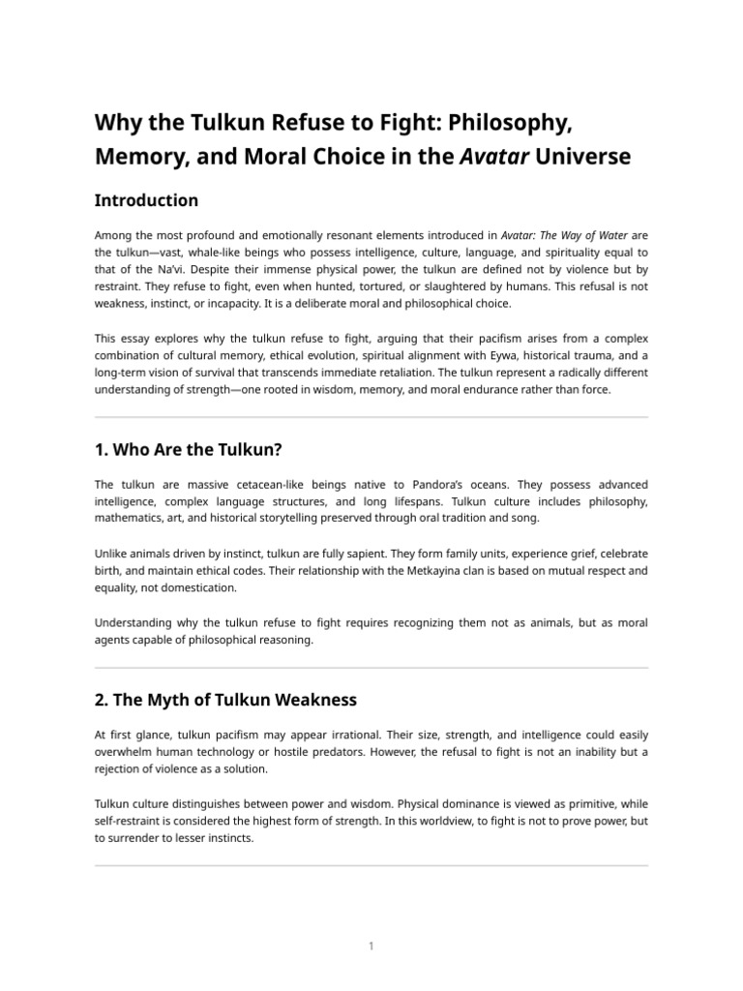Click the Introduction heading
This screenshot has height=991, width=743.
pos(146,200)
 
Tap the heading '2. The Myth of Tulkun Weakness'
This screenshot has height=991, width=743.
pos(225,699)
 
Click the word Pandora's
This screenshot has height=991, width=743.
pos(440,484)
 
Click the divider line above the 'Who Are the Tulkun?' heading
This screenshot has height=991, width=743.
pos(371,418)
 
